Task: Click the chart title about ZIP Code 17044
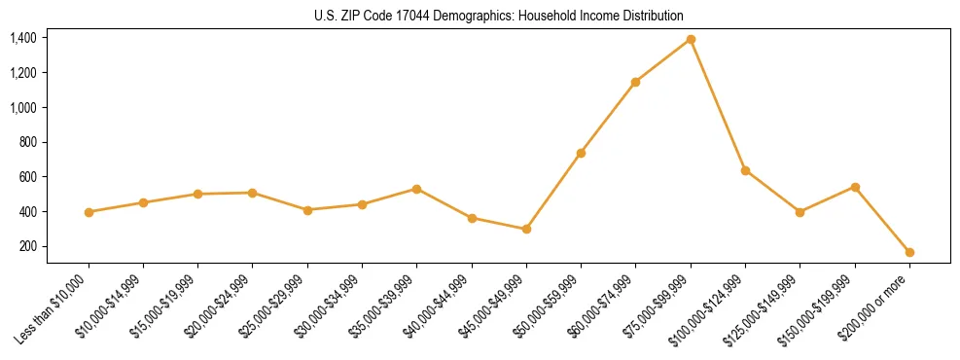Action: [x=499, y=16]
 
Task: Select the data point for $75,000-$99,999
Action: [x=691, y=39]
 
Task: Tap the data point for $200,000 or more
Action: [x=909, y=252]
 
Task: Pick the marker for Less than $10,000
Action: [x=89, y=212]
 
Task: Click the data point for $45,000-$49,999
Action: [x=526, y=230]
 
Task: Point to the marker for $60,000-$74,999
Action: [x=635, y=82]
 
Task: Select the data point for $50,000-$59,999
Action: [x=581, y=153]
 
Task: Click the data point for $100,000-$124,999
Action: [x=745, y=170]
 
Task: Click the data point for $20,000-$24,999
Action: [x=252, y=193]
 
